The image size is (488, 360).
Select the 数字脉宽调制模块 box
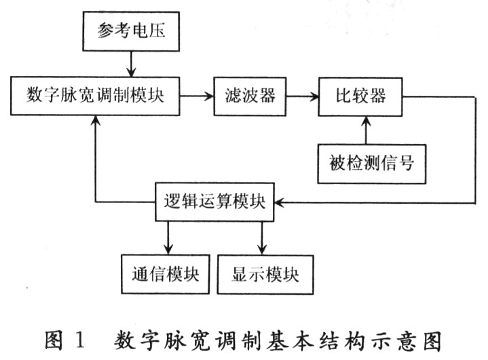pyautogui.click(x=97, y=96)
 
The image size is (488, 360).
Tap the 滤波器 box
pyautogui.click(x=249, y=96)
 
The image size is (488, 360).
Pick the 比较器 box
pyautogui.click(x=361, y=96)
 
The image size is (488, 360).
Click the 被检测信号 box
pyautogui.click(x=372, y=164)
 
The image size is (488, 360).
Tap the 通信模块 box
pyautogui.click(x=166, y=274)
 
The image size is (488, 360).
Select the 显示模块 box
pyautogui.click(x=265, y=274)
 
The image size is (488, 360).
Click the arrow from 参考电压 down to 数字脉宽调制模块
pyautogui.click(x=130, y=66)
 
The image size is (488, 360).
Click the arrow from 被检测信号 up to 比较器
pyautogui.click(x=367, y=129)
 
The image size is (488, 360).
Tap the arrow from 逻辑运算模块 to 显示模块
pyautogui.click(x=262, y=238)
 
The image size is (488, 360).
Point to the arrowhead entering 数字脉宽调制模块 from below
pyautogui.click(x=96, y=120)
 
